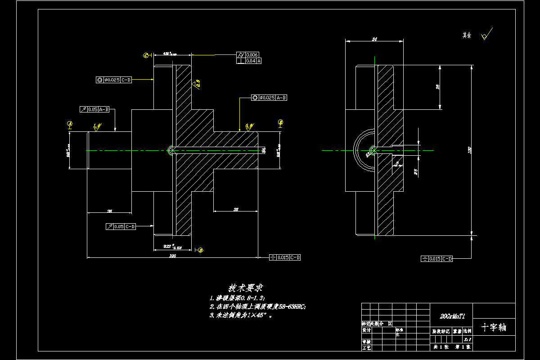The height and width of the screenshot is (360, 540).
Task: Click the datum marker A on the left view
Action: (70, 123)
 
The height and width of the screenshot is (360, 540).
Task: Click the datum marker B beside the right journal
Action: (280, 122)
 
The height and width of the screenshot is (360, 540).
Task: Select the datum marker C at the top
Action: (146, 55)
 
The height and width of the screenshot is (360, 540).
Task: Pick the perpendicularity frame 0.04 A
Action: (249, 61)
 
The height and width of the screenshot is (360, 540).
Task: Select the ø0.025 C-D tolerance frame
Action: (114, 80)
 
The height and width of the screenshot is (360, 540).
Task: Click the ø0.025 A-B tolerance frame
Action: (269, 98)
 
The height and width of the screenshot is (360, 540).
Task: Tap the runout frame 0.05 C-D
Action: (121, 226)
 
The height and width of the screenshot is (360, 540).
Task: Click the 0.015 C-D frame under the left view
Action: (284, 257)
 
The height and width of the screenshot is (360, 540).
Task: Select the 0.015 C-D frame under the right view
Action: (436, 259)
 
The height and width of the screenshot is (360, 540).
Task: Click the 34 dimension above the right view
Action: (374, 40)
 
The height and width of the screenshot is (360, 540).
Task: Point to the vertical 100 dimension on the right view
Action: (470, 150)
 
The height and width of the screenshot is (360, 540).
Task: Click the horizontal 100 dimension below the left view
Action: (172, 256)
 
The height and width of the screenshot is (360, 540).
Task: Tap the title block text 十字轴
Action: (494, 327)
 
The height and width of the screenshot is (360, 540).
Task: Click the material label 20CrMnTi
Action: (451, 316)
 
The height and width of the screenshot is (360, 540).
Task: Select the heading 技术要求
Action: (246, 288)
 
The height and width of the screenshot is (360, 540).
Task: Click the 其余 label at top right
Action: (467, 35)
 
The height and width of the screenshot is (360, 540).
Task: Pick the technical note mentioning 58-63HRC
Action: (258, 306)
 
